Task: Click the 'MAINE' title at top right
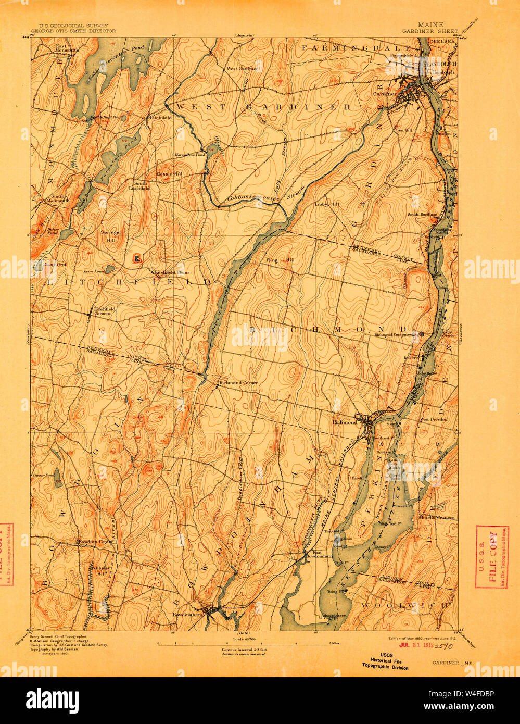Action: pyautogui.click(x=430, y=24)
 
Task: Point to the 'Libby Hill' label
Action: pyautogui.click(x=327, y=205)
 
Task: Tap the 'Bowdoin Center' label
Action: pyautogui.click(x=95, y=542)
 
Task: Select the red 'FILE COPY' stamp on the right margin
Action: pyautogui.click(x=492, y=557)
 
